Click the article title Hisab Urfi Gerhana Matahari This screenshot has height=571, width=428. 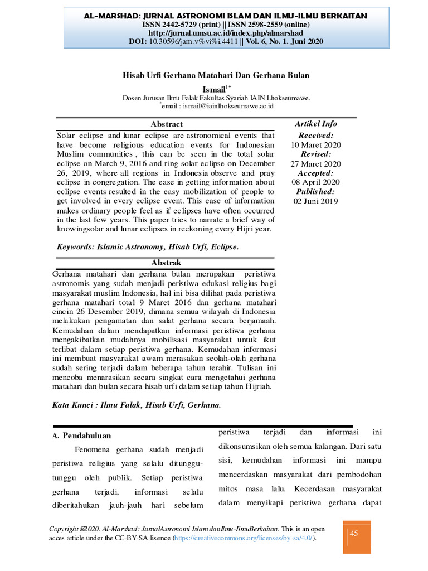point(216,75)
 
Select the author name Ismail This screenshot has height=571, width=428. point(214,89)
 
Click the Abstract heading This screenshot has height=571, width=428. point(167,124)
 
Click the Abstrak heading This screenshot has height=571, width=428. point(167,263)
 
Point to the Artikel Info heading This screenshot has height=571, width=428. point(316,124)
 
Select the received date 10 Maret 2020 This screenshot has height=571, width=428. point(316,145)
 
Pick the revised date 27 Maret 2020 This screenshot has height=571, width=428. point(316,164)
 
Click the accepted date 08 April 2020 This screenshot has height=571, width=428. point(316,182)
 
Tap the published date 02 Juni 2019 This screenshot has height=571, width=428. point(316,201)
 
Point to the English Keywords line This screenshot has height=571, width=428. point(148,246)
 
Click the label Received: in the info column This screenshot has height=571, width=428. point(316,136)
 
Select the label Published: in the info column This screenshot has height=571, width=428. point(316,192)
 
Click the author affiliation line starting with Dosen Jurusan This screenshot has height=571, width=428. point(216,98)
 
